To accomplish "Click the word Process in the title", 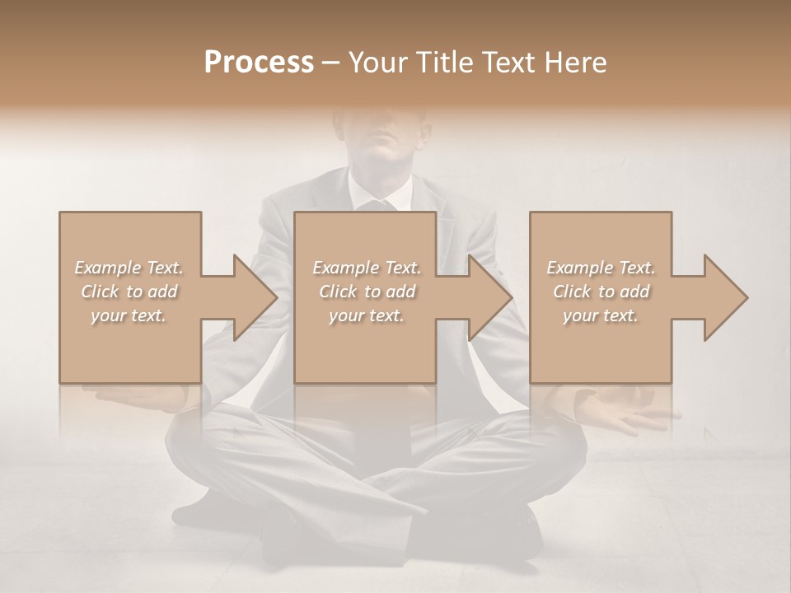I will (x=259, y=63).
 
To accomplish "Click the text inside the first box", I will (x=129, y=292).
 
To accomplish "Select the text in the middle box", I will (x=366, y=292).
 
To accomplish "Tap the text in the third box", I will (x=600, y=292).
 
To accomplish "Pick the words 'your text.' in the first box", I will (x=129, y=315).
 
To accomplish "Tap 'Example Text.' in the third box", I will (x=600, y=268).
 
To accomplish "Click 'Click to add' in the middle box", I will (x=366, y=292).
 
